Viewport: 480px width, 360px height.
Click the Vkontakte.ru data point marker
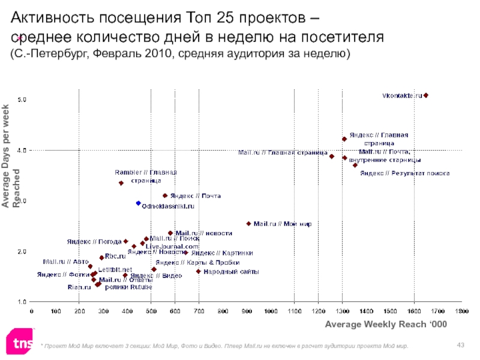pyautogui.click(x=426, y=95)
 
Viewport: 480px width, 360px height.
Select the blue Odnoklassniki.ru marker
pyautogui.click(x=139, y=203)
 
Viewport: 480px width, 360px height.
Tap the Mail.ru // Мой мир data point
pyautogui.click(x=248, y=224)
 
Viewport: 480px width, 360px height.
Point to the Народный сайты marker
pyautogui.click(x=199, y=271)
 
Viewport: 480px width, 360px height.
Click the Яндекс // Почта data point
pyautogui.click(x=165, y=196)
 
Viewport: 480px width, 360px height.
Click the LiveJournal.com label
pyautogui.click(x=172, y=247)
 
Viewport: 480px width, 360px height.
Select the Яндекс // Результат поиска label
pyautogui.click(x=405, y=173)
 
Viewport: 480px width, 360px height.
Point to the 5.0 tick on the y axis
pyautogui.click(x=20, y=98)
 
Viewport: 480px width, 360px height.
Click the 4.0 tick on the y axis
pyautogui.click(x=20, y=151)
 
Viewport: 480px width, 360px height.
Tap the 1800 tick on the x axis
pyautogui.click(x=461, y=311)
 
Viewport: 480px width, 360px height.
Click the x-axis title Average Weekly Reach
pyautogui.click(x=387, y=325)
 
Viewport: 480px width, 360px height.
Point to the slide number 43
pyautogui.click(x=461, y=344)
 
